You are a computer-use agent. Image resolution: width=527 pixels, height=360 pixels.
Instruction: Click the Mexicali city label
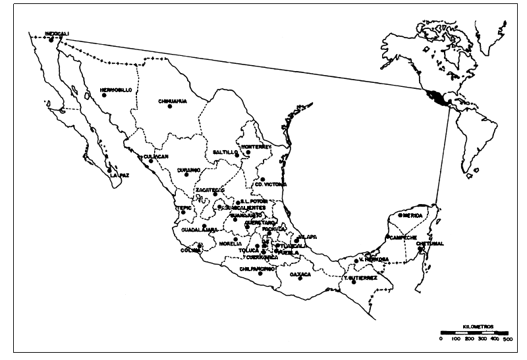pos(57,32)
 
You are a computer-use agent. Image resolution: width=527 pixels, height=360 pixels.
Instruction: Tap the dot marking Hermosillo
pos(104,96)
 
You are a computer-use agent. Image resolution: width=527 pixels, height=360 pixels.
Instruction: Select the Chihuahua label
pos(173,101)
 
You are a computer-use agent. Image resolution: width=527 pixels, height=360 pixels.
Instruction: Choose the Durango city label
pos(188,170)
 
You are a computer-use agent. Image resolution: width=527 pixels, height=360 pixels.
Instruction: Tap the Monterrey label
pos(256,146)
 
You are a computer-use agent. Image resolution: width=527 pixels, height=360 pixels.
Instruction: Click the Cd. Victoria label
pos(270,184)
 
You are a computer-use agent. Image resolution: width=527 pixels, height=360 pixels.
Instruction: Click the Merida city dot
pos(400,215)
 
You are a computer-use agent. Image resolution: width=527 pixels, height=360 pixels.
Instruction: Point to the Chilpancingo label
pos(257,269)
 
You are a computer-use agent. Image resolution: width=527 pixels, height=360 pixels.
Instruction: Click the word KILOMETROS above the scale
pos(478,326)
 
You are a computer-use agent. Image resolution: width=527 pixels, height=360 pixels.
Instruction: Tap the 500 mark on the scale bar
pos(507,338)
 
